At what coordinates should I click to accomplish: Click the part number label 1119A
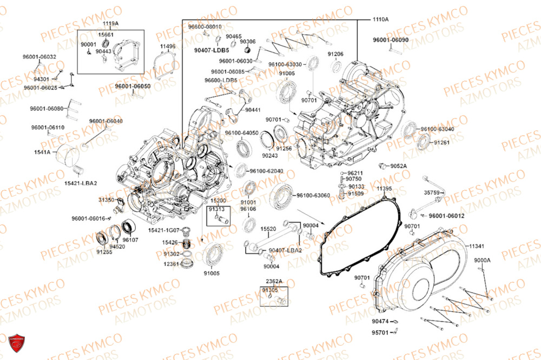point(110,24)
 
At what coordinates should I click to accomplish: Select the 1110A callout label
point(380,19)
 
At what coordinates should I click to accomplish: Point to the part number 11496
point(168,46)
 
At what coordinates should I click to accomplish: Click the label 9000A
point(482,261)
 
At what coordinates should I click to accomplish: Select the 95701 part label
point(380,332)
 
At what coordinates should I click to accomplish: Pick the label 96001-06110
point(48,128)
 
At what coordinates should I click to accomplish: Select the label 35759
point(431,192)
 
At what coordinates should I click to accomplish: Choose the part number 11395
point(384,188)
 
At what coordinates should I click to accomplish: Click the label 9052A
point(399,165)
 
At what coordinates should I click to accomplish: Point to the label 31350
point(107,200)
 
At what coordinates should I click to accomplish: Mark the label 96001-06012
point(446,216)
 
